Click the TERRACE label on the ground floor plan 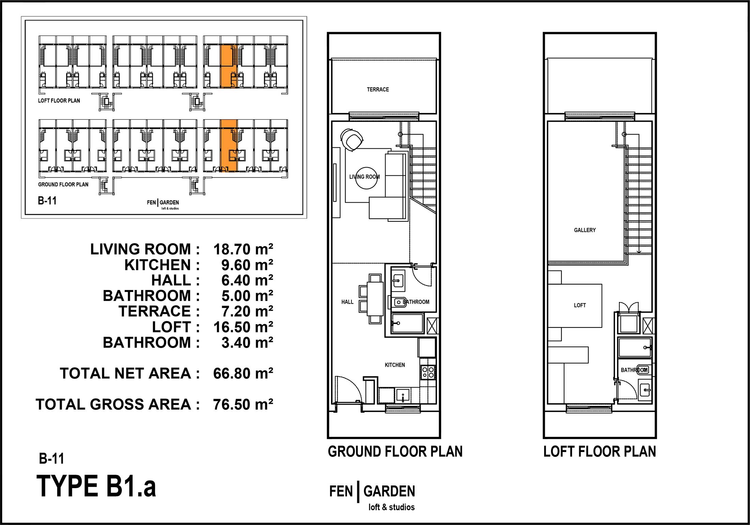pos(378,89)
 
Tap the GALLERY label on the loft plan pos(585,230)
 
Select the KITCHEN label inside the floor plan pos(395,365)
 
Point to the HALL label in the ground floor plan pos(347,302)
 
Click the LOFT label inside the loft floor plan pos(580,305)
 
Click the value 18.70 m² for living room pos(243,249)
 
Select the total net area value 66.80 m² pos(243,373)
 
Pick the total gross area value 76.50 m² pos(243,404)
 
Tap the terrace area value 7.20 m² pos(247,311)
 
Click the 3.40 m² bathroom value pos(247,342)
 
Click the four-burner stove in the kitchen pos(428,372)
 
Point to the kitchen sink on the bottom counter pos(403,396)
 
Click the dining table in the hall pos(375,298)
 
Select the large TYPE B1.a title pos(96,486)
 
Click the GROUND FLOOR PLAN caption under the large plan pos(395,452)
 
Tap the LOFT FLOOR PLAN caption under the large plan pos(600,452)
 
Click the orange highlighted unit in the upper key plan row pos(228,66)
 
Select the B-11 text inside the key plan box pos(47,201)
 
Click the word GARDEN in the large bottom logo pos(389,492)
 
